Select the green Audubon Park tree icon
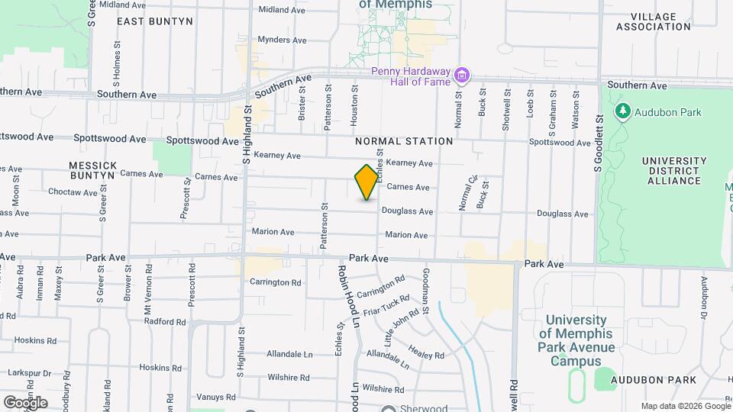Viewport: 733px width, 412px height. click(x=623, y=112)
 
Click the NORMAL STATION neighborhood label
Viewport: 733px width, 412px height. click(x=404, y=141)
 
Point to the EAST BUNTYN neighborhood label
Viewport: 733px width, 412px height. click(x=155, y=21)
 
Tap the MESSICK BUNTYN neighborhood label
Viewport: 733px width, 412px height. click(x=92, y=169)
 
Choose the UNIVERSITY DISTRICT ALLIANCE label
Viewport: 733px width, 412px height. click(x=672, y=171)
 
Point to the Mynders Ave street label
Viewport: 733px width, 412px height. click(x=282, y=40)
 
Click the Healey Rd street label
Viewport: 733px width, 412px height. click(x=426, y=350)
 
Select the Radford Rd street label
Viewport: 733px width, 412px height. click(x=165, y=322)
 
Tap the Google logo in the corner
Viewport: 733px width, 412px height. click(x=25, y=402)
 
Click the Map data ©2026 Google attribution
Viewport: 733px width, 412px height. click(x=684, y=406)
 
